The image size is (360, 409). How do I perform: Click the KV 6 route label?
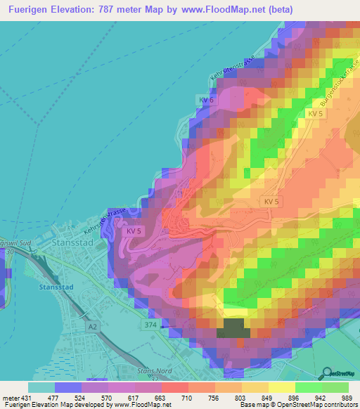[x=205, y=100]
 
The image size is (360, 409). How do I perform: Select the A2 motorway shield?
[x=92, y=327]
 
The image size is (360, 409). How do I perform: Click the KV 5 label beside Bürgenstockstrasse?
[x=314, y=114]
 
